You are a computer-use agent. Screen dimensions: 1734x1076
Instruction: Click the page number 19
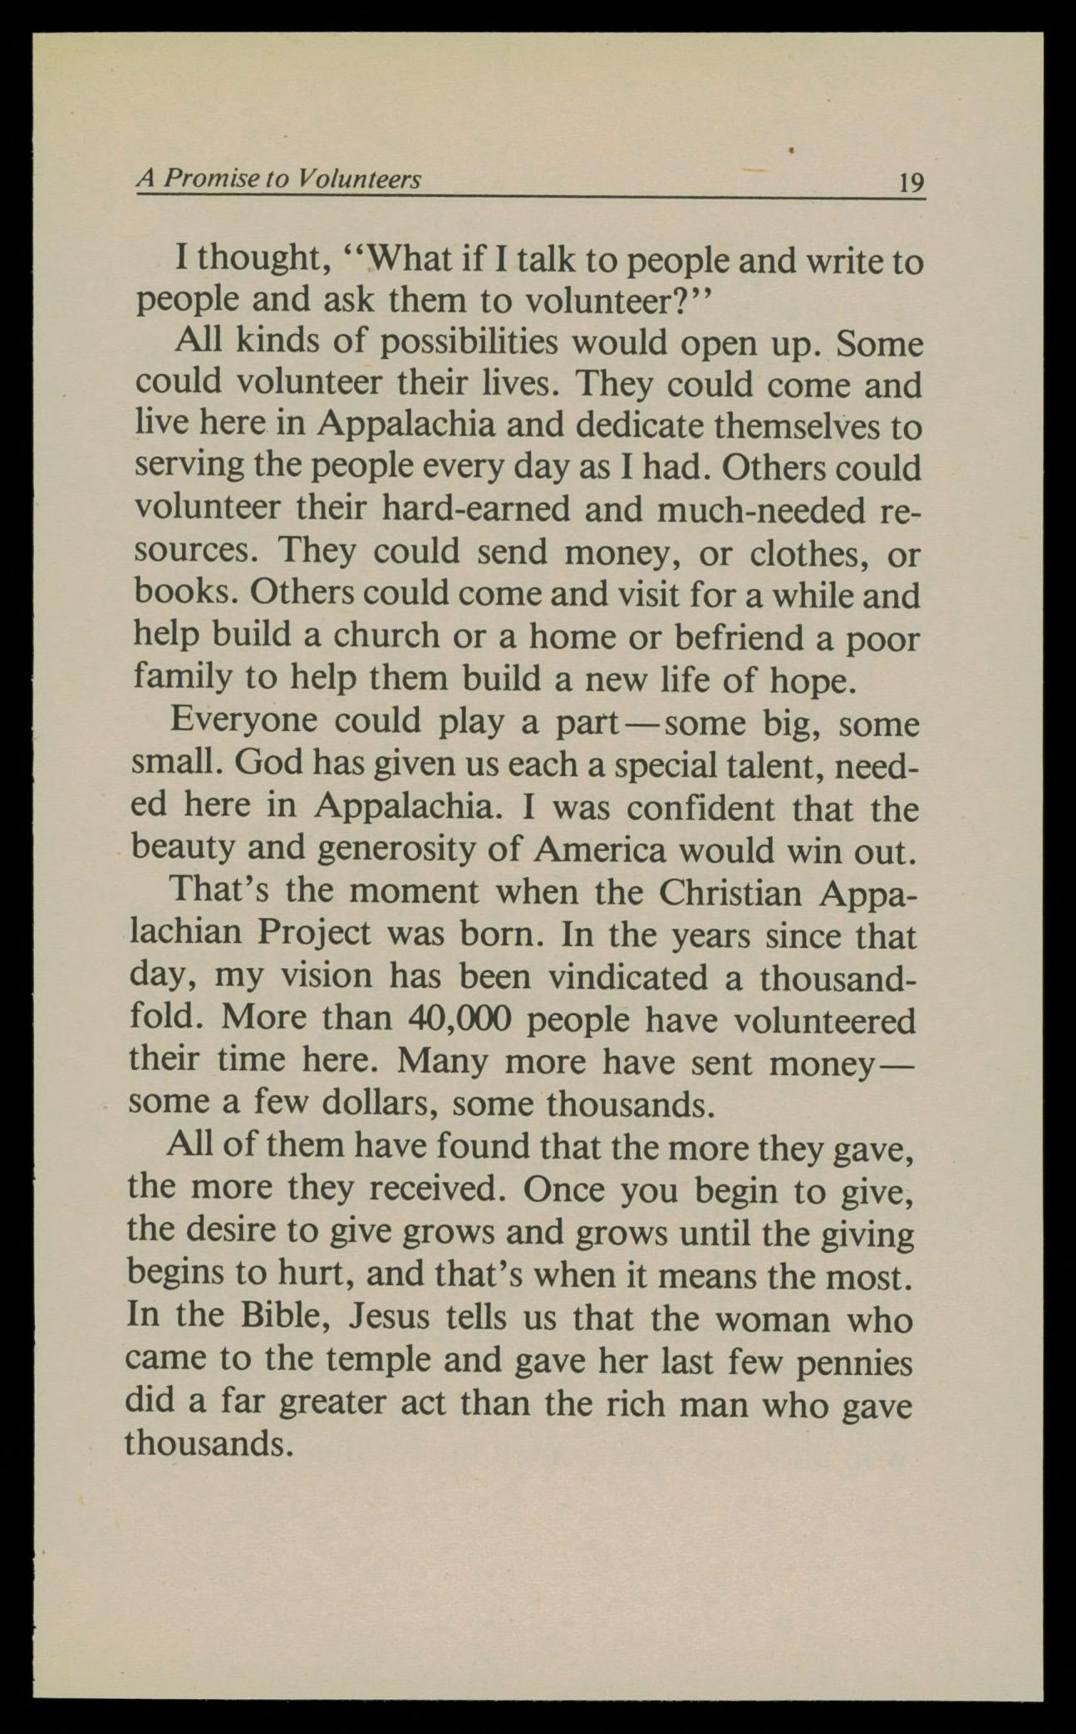tap(911, 182)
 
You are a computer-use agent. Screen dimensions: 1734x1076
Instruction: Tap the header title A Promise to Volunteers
tap(279, 179)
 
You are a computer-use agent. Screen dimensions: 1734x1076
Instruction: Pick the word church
tap(386, 636)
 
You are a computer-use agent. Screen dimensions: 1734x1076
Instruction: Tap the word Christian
tap(730, 893)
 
